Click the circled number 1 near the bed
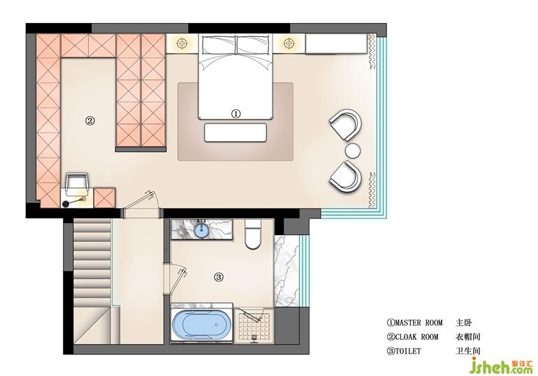pyautogui.click(x=235, y=114)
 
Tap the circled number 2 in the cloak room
pyautogui.click(x=89, y=121)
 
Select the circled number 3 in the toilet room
pyautogui.click(x=219, y=277)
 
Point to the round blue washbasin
pyautogui.click(x=201, y=230)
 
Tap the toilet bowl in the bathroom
pyautogui.click(x=253, y=234)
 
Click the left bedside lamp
pyautogui.click(x=182, y=43)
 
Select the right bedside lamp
pyautogui.click(x=289, y=43)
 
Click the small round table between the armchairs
pyautogui.click(x=352, y=151)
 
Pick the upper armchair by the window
pyautogui.click(x=346, y=125)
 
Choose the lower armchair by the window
pyautogui.click(x=346, y=176)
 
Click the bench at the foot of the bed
pyautogui.click(x=235, y=133)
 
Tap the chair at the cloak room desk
pyautogui.click(x=78, y=182)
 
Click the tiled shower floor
pyautogui.click(x=254, y=325)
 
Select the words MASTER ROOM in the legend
pyautogui.click(x=419, y=322)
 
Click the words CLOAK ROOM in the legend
pyautogui.click(x=416, y=337)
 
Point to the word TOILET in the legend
pyautogui.click(x=407, y=351)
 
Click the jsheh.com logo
pyautogui.click(x=501, y=366)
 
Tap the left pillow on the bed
pyautogui.click(x=219, y=45)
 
